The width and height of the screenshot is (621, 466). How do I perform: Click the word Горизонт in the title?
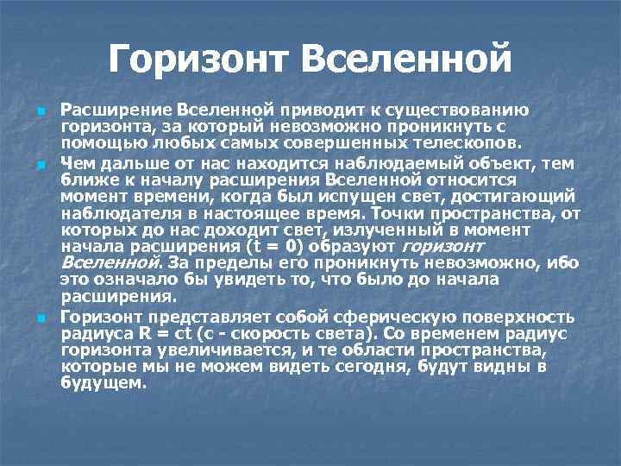[198, 60]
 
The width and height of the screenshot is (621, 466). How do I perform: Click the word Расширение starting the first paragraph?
[116, 110]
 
